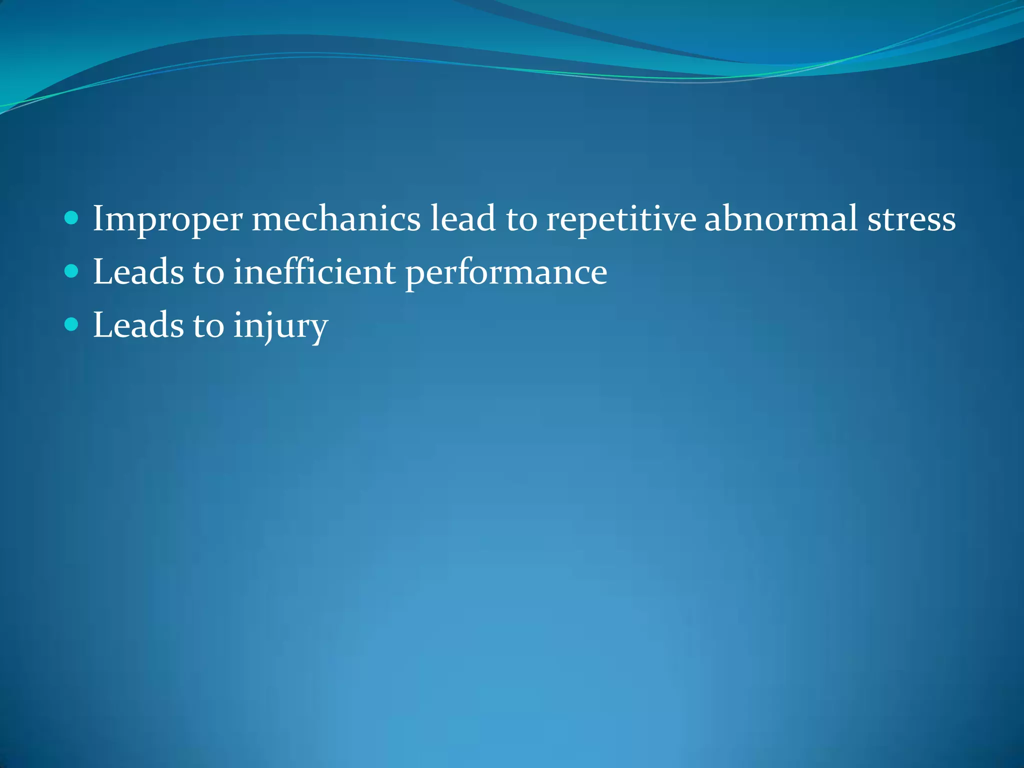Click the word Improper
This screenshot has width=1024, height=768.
[167, 219]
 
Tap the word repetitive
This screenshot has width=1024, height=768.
[620, 219]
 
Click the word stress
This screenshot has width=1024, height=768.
[911, 219]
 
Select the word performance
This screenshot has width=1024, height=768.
[506, 272]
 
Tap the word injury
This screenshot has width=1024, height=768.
[280, 326]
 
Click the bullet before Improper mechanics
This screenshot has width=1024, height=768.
[72, 218]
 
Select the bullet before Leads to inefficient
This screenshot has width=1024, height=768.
[72, 271]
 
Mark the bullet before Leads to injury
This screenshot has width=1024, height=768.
[72, 325]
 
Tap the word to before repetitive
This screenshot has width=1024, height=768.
[521, 219]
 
